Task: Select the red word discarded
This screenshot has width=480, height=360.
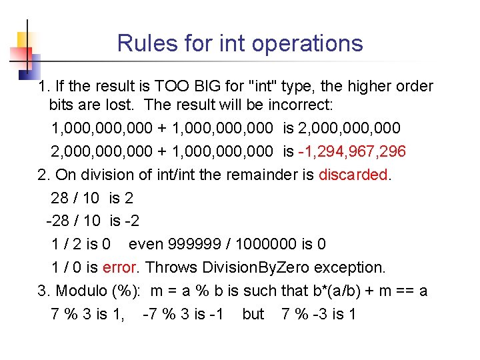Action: [353, 175]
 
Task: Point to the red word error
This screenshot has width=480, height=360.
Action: [120, 267]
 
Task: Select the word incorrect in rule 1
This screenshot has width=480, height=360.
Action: [302, 105]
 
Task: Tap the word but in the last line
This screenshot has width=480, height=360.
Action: [253, 313]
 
